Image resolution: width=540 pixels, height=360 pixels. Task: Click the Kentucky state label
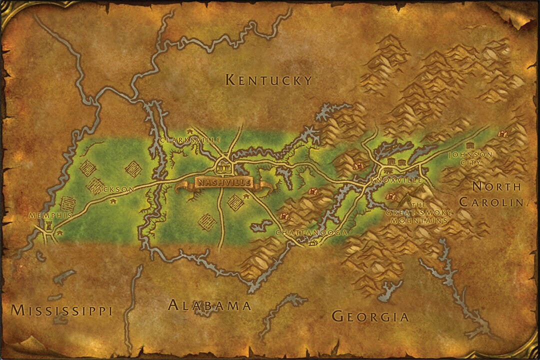[268, 80]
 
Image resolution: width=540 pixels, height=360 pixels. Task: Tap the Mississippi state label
[61, 310]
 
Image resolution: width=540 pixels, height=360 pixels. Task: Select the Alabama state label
[209, 305]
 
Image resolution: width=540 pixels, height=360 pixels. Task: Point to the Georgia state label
[370, 316]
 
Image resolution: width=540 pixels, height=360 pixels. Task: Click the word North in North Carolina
[496, 187]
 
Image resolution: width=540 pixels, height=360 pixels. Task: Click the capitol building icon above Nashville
[224, 167]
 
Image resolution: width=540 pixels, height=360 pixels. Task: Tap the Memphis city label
[50, 215]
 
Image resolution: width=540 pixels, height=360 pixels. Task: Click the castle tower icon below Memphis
[49, 226]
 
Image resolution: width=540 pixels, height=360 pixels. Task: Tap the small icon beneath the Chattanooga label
[313, 243]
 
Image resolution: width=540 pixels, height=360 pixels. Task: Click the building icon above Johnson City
[469, 145]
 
